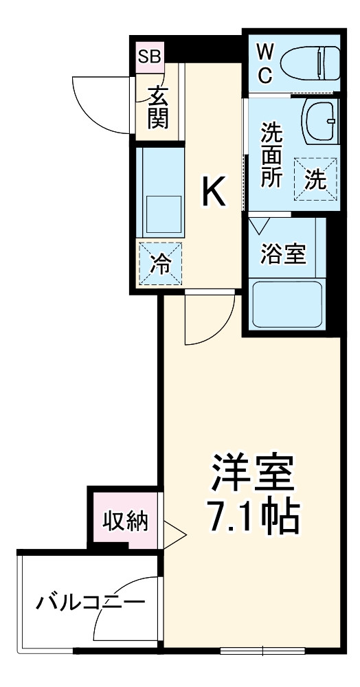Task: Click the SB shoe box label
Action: click(x=149, y=56)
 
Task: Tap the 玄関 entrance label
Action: click(x=157, y=108)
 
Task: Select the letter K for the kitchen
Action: click(x=213, y=192)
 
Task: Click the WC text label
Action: click(x=265, y=63)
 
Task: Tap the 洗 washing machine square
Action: click(x=315, y=179)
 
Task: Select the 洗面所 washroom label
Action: click(x=271, y=154)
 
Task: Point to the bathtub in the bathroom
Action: click(x=287, y=304)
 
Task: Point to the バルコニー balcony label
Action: click(x=91, y=603)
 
